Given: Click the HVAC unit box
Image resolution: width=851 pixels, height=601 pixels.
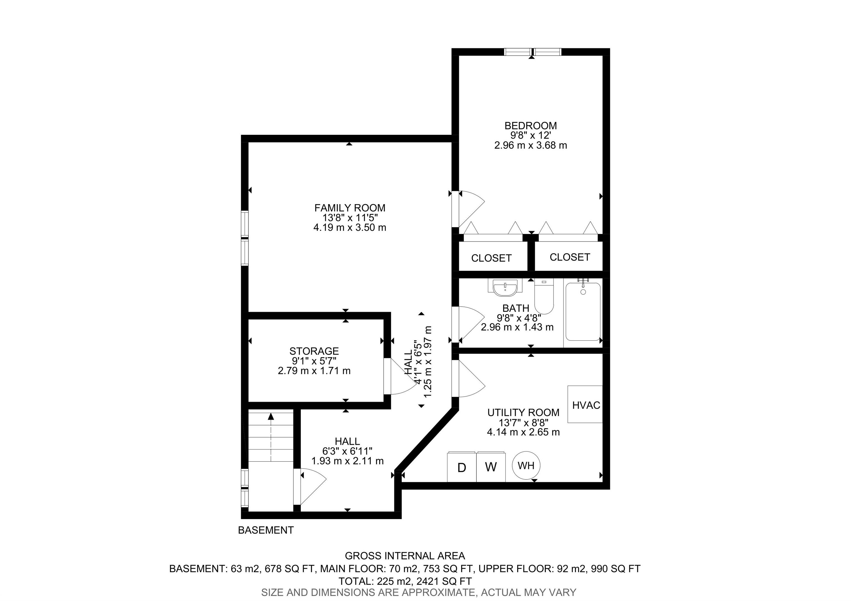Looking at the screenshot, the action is [x=585, y=404].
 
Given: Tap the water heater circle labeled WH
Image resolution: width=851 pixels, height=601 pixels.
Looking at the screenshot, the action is [x=526, y=465].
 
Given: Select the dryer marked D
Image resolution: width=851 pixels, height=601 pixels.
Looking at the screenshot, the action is [x=462, y=467].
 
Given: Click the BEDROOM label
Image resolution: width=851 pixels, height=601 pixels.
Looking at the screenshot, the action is [x=530, y=126].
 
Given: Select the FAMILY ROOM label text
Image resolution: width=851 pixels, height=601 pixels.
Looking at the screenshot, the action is [x=350, y=208].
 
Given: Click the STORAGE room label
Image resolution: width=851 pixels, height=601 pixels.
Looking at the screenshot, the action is [x=314, y=351].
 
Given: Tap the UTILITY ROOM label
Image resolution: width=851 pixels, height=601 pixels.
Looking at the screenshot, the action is [x=523, y=412].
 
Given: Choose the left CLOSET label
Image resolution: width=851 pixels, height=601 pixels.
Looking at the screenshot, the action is [x=491, y=258].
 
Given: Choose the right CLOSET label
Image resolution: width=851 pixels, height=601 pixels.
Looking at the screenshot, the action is [x=569, y=257].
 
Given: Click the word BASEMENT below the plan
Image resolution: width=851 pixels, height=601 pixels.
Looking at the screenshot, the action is [x=266, y=530].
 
